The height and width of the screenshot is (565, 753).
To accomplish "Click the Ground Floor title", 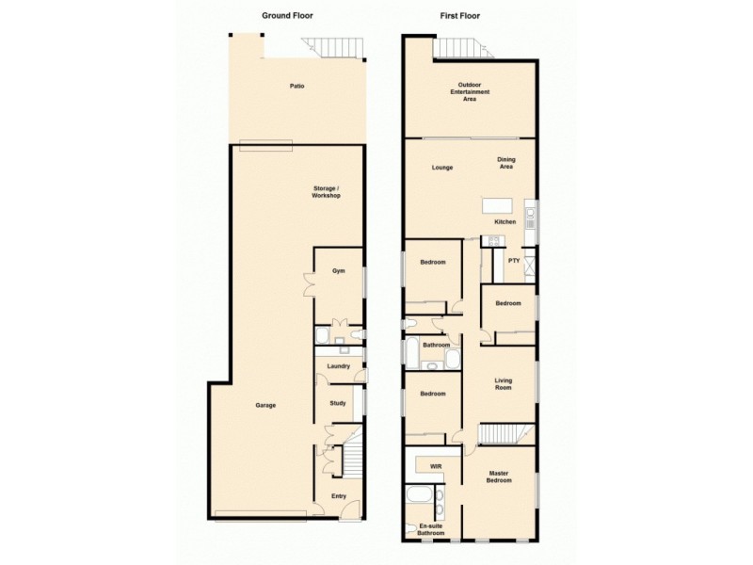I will point(287,16).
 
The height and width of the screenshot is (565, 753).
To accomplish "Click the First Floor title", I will point(462,16).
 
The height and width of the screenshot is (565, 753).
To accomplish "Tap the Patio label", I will point(296,87).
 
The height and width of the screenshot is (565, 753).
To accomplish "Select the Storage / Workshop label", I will point(326,192).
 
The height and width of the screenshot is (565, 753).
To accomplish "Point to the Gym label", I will point(338,271).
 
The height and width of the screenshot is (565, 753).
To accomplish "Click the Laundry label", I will point(338,366).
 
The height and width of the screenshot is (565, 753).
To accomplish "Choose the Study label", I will point(338,403).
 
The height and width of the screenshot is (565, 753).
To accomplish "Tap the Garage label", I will point(265,405).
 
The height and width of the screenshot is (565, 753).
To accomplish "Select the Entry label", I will point(338,496).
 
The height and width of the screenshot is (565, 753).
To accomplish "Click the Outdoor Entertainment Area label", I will point(469,92).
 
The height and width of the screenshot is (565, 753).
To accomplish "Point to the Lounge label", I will point(442,168).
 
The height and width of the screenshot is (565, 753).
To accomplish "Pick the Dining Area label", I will point(506,164).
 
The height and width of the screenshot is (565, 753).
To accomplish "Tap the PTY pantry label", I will point(514,260).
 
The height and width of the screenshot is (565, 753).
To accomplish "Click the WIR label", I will point(436,466).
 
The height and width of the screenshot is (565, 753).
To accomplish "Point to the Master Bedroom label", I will point(499,476).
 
